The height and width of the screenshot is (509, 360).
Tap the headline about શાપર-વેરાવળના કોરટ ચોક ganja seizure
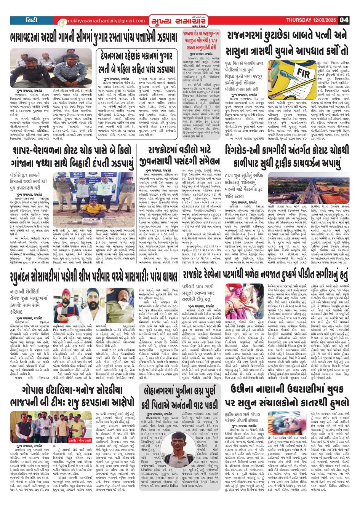click(72, 158)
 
